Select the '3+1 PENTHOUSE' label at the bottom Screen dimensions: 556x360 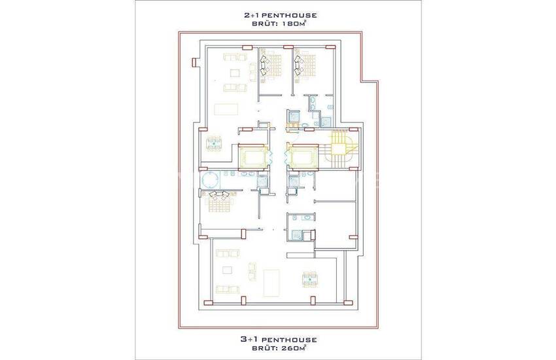pos(279,340)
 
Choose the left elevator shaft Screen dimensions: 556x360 pos(252,156)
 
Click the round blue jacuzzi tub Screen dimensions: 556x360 pos(209,179)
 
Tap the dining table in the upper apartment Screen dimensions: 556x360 pos(214,143)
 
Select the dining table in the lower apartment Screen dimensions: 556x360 pos(309,279)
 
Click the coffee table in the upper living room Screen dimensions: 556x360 pos(235,73)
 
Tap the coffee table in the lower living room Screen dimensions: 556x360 pos(227,270)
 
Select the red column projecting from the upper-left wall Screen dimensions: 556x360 pos(194,62)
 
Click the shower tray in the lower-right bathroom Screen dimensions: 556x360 pos(296,235)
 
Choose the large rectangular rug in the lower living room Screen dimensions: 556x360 pos(271,283)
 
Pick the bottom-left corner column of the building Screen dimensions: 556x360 pos(209,302)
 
